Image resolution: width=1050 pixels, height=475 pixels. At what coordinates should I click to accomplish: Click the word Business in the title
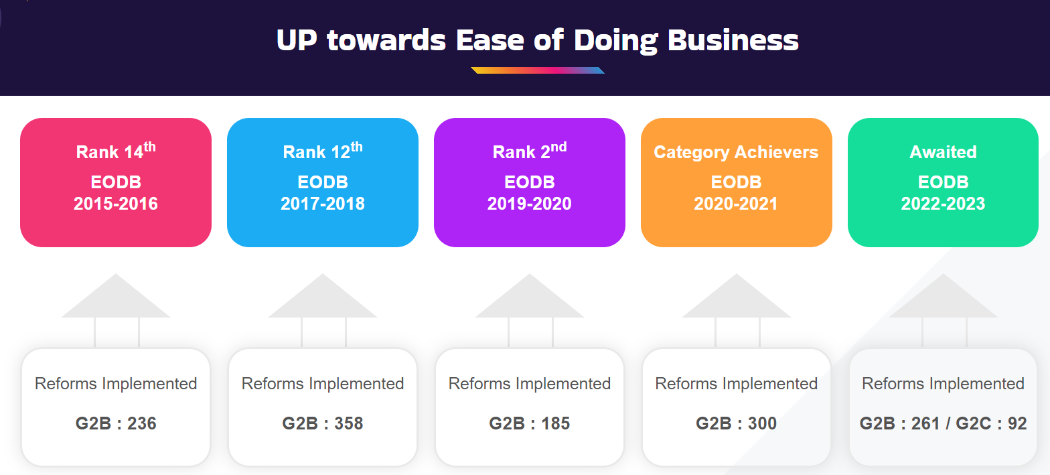(733, 40)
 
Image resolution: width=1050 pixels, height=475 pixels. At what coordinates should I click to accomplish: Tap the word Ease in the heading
(490, 40)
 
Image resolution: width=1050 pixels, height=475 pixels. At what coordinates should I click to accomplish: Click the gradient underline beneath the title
(538, 70)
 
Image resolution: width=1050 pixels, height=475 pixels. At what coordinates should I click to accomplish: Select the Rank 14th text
(116, 151)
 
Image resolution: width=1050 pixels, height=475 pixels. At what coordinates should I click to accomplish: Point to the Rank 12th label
(323, 151)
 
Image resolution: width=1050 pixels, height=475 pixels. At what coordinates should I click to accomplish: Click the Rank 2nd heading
(530, 151)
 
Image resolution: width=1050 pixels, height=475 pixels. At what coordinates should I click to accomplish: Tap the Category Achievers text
(736, 152)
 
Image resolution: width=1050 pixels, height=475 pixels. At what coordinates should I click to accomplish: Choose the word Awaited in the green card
(943, 152)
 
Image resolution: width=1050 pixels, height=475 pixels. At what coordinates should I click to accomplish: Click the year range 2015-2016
(116, 204)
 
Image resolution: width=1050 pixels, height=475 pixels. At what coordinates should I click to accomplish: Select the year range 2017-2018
(323, 204)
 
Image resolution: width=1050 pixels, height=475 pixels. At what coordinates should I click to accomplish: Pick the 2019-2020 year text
(529, 204)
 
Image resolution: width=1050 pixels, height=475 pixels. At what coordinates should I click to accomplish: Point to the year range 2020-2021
(736, 204)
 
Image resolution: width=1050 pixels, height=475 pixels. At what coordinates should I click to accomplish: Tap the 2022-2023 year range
(943, 204)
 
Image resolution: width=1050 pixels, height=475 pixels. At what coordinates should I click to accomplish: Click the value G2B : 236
(116, 423)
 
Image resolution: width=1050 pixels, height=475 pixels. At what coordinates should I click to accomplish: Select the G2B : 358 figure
(323, 423)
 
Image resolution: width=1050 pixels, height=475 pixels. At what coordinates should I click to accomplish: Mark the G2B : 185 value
(529, 423)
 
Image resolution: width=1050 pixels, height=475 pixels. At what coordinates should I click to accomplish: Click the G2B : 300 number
(736, 423)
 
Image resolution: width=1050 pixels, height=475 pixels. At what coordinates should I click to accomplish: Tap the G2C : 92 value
(991, 423)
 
